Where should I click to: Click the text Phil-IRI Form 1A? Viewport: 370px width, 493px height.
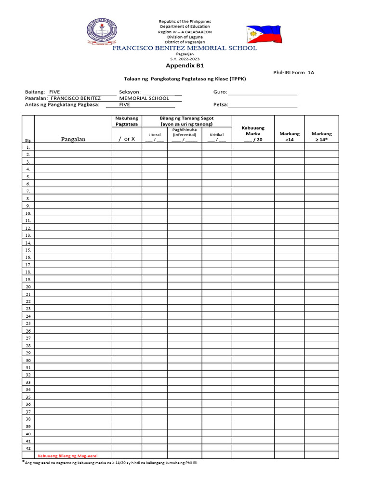(x=293, y=72)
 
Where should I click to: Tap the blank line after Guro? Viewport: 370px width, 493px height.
(x=263, y=92)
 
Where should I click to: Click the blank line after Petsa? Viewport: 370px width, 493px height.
(x=263, y=104)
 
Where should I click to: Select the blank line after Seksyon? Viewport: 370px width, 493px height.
(x=162, y=92)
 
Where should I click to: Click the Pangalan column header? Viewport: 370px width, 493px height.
(x=73, y=139)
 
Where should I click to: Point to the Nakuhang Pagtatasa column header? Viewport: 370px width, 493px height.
(x=127, y=121)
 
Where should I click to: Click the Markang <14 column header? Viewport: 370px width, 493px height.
(x=289, y=136)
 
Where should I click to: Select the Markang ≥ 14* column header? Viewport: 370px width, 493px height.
(x=321, y=136)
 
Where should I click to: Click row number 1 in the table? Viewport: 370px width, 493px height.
(x=28, y=147)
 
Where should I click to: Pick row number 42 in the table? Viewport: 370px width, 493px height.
(x=28, y=448)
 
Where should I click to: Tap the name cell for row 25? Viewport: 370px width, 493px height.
(x=73, y=324)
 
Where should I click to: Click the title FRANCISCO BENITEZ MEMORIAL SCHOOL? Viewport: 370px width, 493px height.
(x=185, y=48)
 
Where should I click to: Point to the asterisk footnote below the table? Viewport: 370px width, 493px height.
(x=111, y=463)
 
